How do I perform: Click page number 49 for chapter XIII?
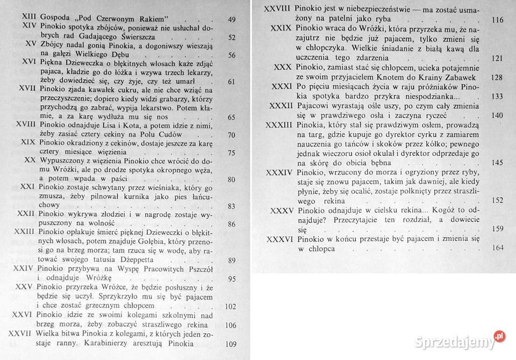point(232,20)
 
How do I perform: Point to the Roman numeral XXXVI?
point(279,239)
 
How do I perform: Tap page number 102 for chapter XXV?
point(230,307)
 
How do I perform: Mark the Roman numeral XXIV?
point(23,269)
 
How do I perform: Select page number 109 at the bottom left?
point(230,343)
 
